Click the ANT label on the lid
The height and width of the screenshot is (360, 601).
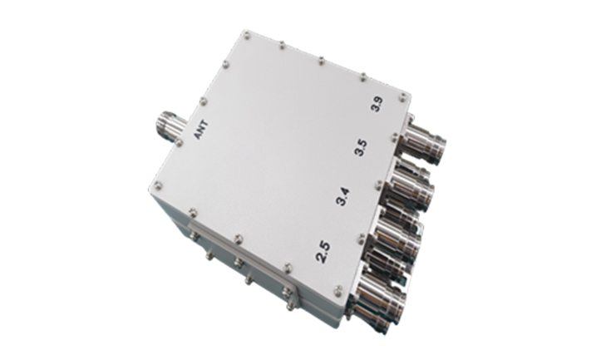point(201,131)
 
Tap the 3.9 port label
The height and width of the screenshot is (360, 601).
point(377,104)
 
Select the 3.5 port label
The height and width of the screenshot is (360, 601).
point(360,148)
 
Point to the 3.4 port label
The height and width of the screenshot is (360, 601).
point(342,196)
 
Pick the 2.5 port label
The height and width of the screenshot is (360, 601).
point(323,252)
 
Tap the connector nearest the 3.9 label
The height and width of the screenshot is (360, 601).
point(426,142)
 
